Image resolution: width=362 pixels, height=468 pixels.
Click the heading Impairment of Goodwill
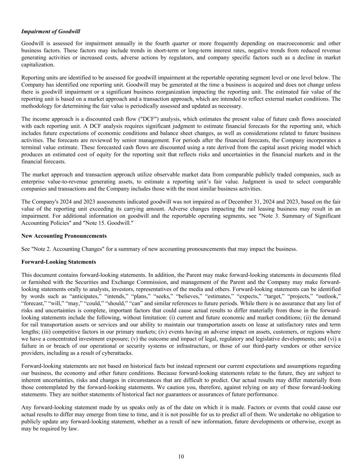(x=51, y=32)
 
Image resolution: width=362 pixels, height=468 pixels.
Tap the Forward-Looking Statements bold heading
(x=59, y=262)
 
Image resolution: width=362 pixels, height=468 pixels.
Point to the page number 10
(x=181, y=456)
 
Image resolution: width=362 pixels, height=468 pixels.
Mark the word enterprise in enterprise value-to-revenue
(x=33, y=182)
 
